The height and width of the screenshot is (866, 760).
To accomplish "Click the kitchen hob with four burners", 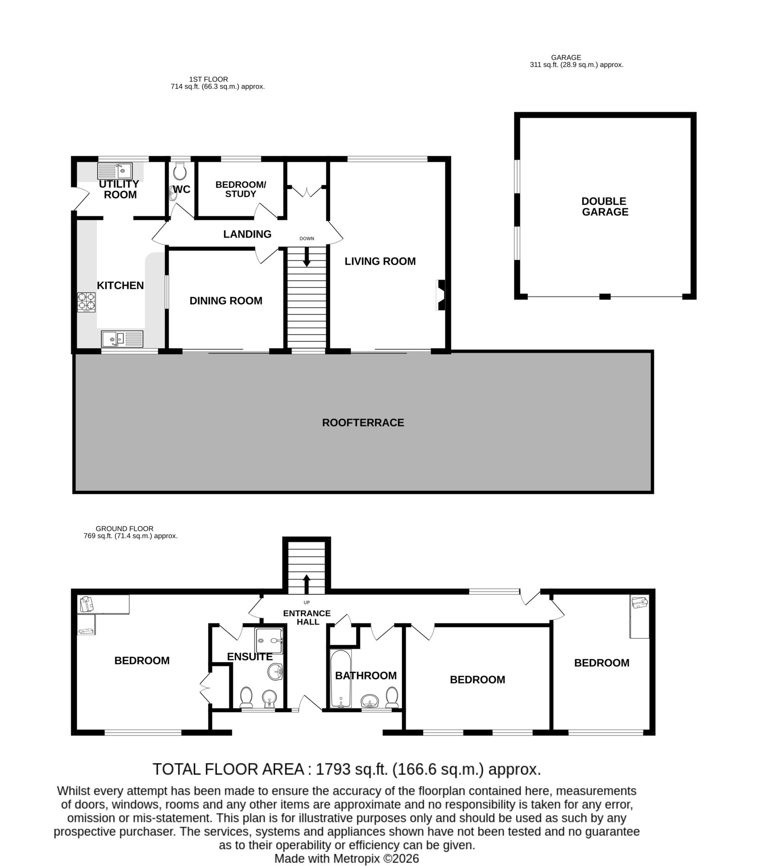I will pos(86,302).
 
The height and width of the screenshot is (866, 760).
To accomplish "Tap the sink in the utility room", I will pos(115,171).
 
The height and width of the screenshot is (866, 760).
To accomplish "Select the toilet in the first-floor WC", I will pos(180,171).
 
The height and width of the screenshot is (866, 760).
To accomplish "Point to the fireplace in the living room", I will pos(440,295).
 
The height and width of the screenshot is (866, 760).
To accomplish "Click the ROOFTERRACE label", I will pos(363,422).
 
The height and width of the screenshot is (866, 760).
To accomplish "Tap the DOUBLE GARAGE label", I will pos(605,206).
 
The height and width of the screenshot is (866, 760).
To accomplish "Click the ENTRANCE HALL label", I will pos(307,617).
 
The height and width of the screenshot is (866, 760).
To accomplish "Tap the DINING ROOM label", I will pos(226,301).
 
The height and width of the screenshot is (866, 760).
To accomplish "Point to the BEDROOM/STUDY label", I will pos(240,189).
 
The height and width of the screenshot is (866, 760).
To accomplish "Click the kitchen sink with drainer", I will pos(122,339).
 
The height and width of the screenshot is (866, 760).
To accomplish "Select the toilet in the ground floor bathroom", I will pos(392,696).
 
